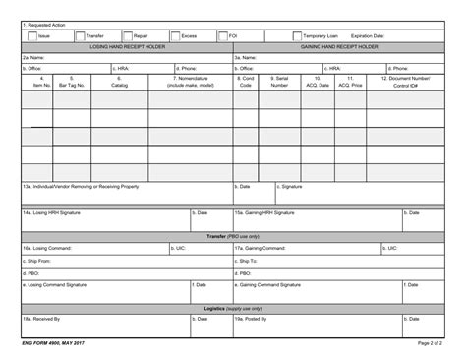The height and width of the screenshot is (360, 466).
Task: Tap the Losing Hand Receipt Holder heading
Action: tap(127, 46)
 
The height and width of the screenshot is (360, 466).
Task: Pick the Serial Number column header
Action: tap(279, 81)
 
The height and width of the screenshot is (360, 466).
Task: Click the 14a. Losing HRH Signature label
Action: tap(49, 212)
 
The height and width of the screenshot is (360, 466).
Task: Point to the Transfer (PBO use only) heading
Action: tap(233, 237)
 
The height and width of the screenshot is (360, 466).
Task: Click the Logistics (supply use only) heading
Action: tap(233, 308)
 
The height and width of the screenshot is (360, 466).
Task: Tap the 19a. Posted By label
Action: tap(254, 320)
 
